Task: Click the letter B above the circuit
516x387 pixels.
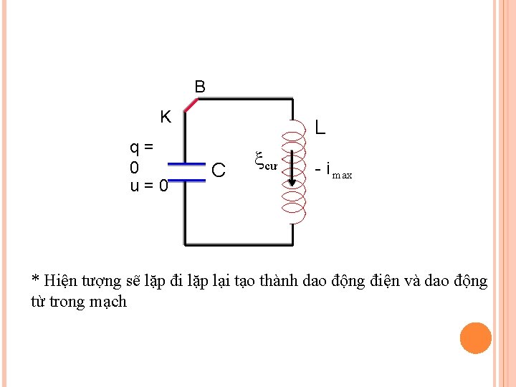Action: pos(200,87)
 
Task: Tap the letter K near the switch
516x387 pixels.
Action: pos(166,117)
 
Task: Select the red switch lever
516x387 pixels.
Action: pos(191,105)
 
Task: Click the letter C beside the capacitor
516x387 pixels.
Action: pos(219,171)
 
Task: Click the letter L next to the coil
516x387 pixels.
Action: pos(320,128)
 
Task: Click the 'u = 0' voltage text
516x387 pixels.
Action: pos(149,186)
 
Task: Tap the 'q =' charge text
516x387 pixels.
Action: pos(141,148)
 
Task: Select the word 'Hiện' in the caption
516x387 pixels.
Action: pos(60,281)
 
